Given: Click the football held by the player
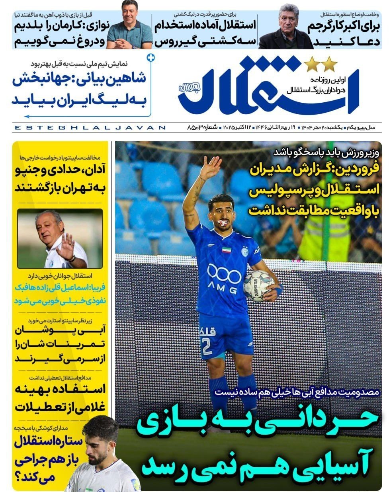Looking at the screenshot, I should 258,285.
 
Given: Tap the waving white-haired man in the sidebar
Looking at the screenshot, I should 60,239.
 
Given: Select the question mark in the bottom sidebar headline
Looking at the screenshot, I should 20,476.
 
